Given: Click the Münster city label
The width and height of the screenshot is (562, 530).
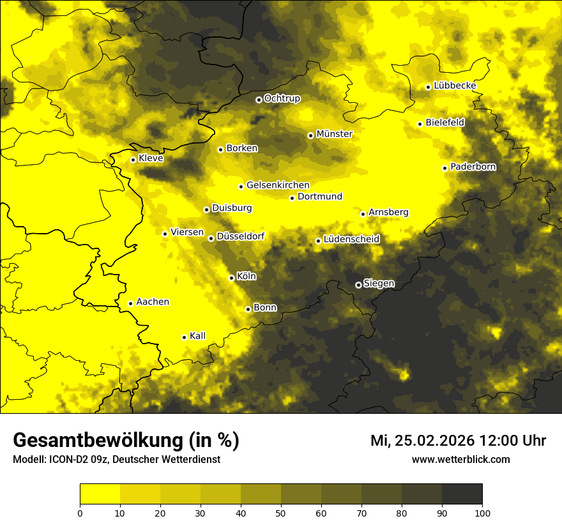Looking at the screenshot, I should point(335,134).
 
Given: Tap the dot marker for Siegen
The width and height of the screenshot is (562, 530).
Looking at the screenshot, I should point(358,285).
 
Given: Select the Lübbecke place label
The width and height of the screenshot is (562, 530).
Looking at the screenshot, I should point(455,86).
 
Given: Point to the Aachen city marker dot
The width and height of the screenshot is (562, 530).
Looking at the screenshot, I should point(130,303).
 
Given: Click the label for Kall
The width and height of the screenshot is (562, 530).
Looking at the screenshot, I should point(198,336).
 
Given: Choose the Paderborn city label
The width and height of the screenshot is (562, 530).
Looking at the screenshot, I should point(473,167).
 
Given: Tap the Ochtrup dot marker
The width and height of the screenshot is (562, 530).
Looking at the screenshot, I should point(259,100).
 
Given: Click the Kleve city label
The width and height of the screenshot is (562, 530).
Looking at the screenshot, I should point(151,158).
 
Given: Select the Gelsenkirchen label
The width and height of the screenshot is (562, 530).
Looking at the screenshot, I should point(278,185).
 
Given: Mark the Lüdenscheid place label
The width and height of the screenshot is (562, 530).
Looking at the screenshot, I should point(351,239).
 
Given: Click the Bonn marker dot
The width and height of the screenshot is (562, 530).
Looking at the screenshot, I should point(248,309).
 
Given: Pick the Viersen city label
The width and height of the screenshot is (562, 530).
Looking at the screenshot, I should point(187,232).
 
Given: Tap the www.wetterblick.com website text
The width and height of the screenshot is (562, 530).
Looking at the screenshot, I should point(461,459).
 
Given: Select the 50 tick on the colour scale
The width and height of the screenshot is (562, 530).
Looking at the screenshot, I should point(281,512).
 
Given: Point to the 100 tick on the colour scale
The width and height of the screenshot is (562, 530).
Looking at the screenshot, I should point(482,512).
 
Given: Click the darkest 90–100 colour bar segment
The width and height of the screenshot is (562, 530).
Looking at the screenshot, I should point(462,494).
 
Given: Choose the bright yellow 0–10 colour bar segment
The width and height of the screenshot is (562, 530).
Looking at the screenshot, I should point(100,494).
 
